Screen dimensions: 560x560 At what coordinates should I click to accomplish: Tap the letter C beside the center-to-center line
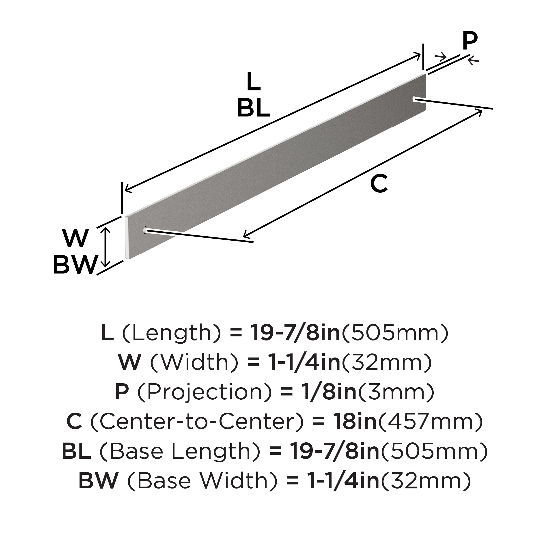click(379, 183)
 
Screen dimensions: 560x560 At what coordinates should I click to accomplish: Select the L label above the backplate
click(253, 82)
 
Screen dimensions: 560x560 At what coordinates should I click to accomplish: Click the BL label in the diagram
click(254, 108)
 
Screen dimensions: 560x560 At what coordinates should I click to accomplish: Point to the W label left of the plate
click(75, 238)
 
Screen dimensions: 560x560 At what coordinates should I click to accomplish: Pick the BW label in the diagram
click(75, 265)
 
